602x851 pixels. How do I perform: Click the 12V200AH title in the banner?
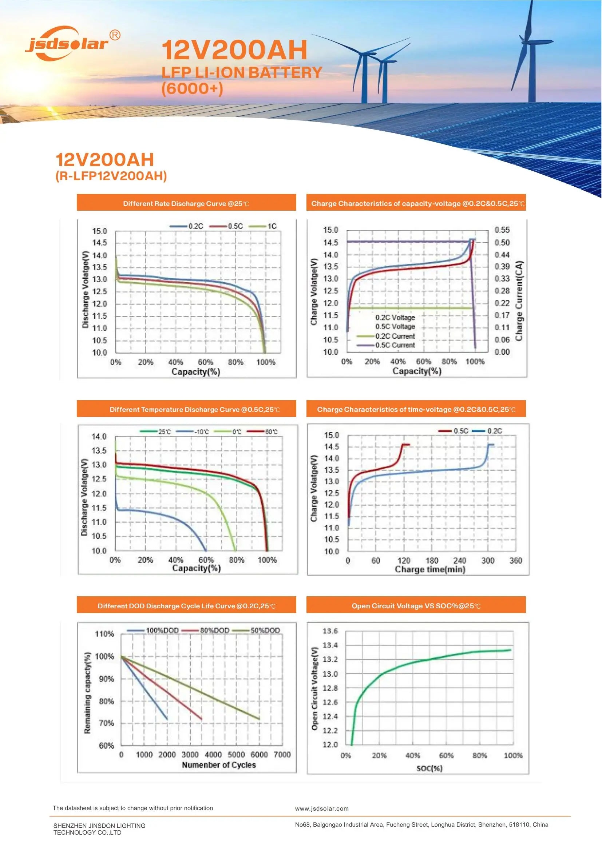(x=234, y=51)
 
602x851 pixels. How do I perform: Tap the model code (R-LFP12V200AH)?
(x=111, y=176)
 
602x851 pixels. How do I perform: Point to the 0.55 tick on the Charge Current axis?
(x=502, y=230)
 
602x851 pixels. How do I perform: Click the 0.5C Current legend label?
(x=395, y=345)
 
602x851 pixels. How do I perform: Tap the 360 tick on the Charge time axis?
(x=515, y=561)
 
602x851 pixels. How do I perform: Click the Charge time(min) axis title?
(x=430, y=569)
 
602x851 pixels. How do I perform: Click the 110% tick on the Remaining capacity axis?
(x=104, y=634)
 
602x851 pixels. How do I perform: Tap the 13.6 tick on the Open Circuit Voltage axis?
(x=330, y=631)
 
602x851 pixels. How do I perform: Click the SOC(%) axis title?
(x=429, y=768)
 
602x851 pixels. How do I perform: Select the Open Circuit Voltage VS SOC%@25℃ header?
(x=416, y=606)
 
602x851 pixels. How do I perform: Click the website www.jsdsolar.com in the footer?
(x=322, y=809)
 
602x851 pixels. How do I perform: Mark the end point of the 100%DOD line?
(x=167, y=720)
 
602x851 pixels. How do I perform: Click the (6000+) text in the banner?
(x=192, y=88)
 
